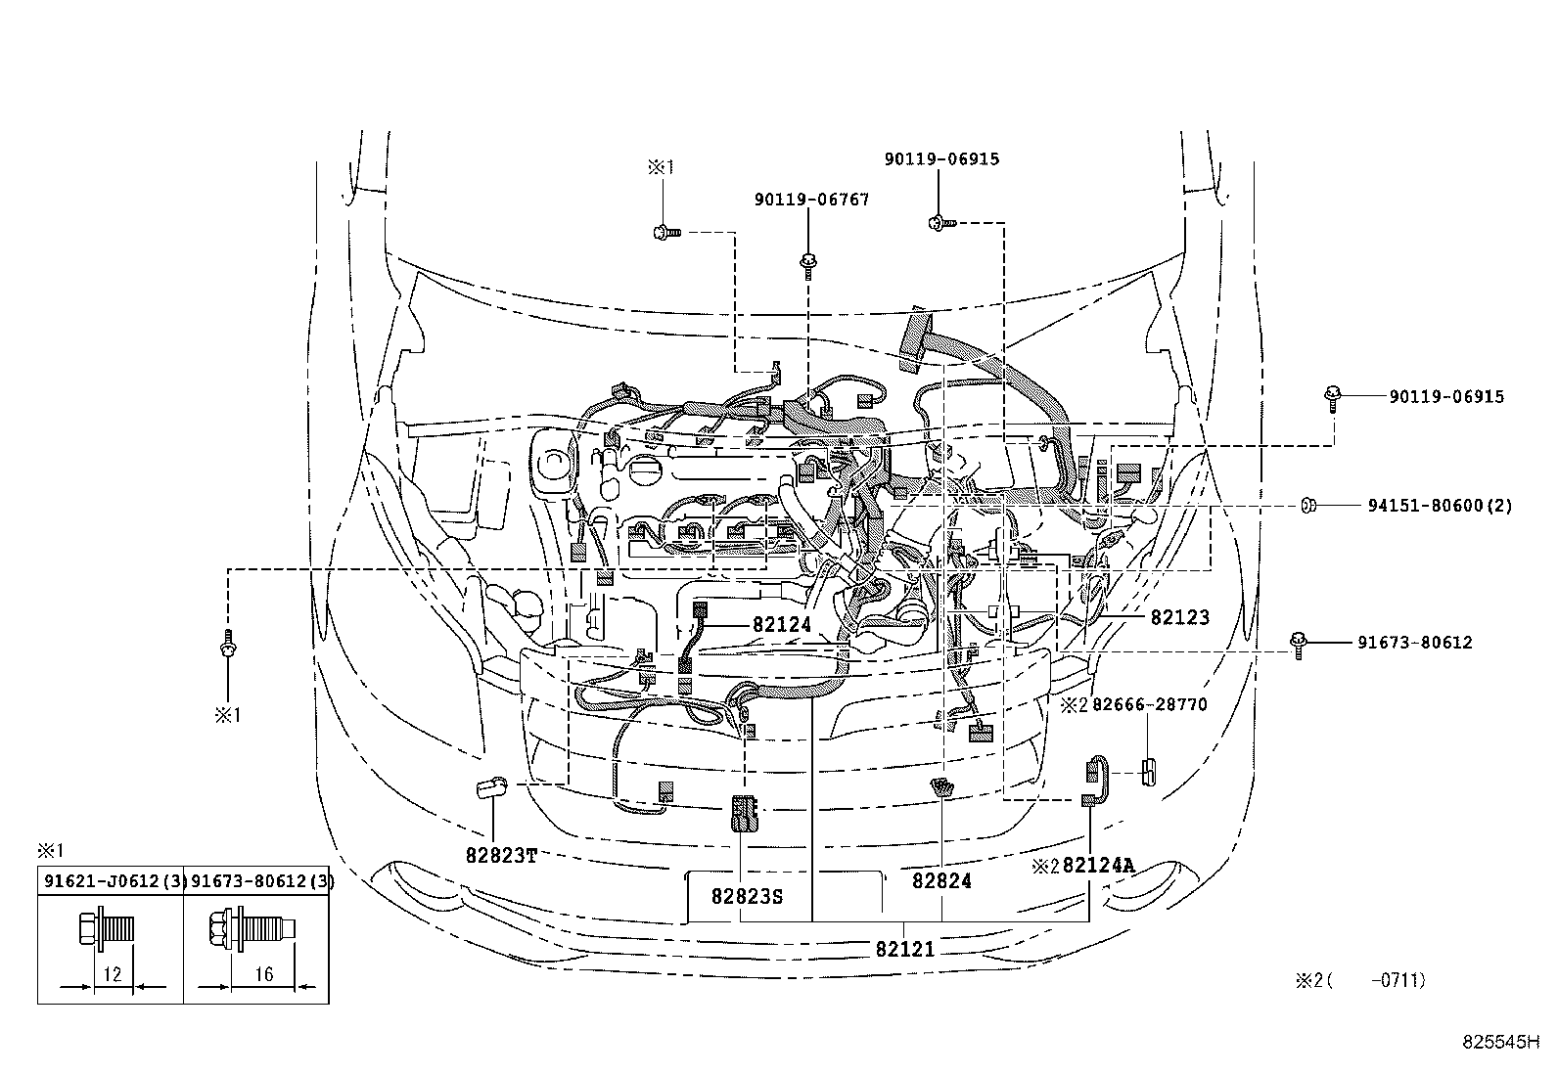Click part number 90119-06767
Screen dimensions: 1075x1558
(x=811, y=200)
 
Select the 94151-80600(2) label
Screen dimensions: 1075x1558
(x=1439, y=506)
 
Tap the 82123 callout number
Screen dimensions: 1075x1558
(x=1179, y=617)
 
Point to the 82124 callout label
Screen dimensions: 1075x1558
(x=782, y=623)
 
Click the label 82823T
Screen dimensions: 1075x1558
(x=501, y=855)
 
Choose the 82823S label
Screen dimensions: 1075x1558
(x=748, y=895)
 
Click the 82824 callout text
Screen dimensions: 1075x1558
(x=941, y=880)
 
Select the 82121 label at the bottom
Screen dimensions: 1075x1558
(x=904, y=948)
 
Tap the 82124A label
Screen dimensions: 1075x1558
(x=1098, y=865)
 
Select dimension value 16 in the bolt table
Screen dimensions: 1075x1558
(x=263, y=974)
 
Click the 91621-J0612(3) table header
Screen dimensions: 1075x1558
(x=111, y=881)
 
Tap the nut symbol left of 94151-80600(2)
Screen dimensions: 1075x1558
(x=1307, y=506)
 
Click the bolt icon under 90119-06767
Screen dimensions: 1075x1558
(x=808, y=263)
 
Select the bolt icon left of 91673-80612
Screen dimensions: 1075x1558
(x=1299, y=644)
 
